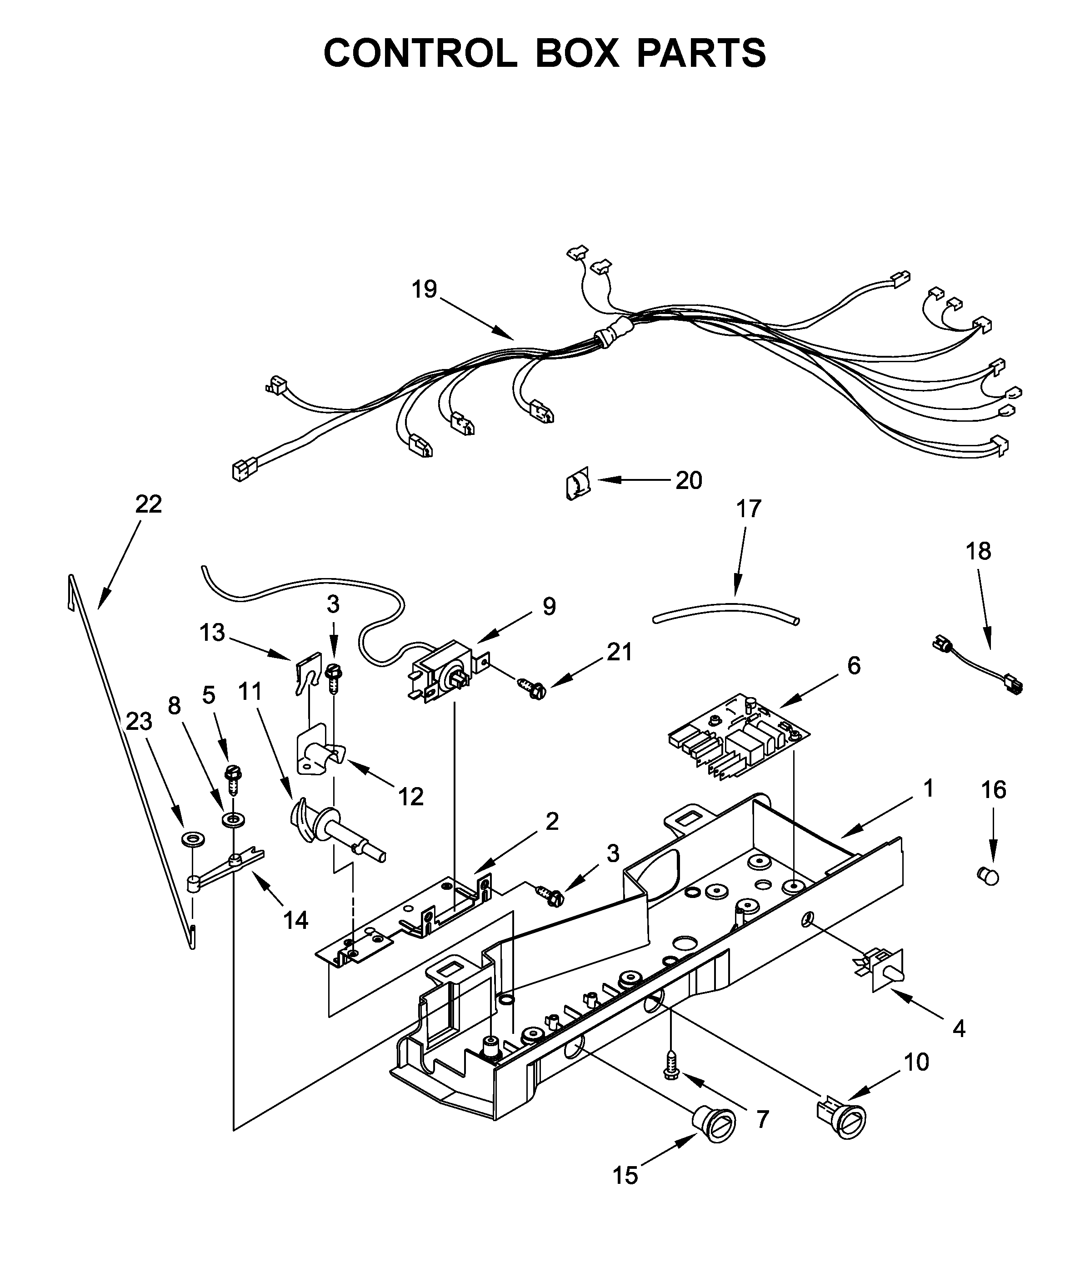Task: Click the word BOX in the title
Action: tap(577, 54)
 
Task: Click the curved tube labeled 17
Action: tap(726, 612)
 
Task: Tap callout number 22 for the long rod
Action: tap(148, 504)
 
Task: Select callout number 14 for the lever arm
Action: tap(296, 920)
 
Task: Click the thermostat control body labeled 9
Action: tap(442, 672)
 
